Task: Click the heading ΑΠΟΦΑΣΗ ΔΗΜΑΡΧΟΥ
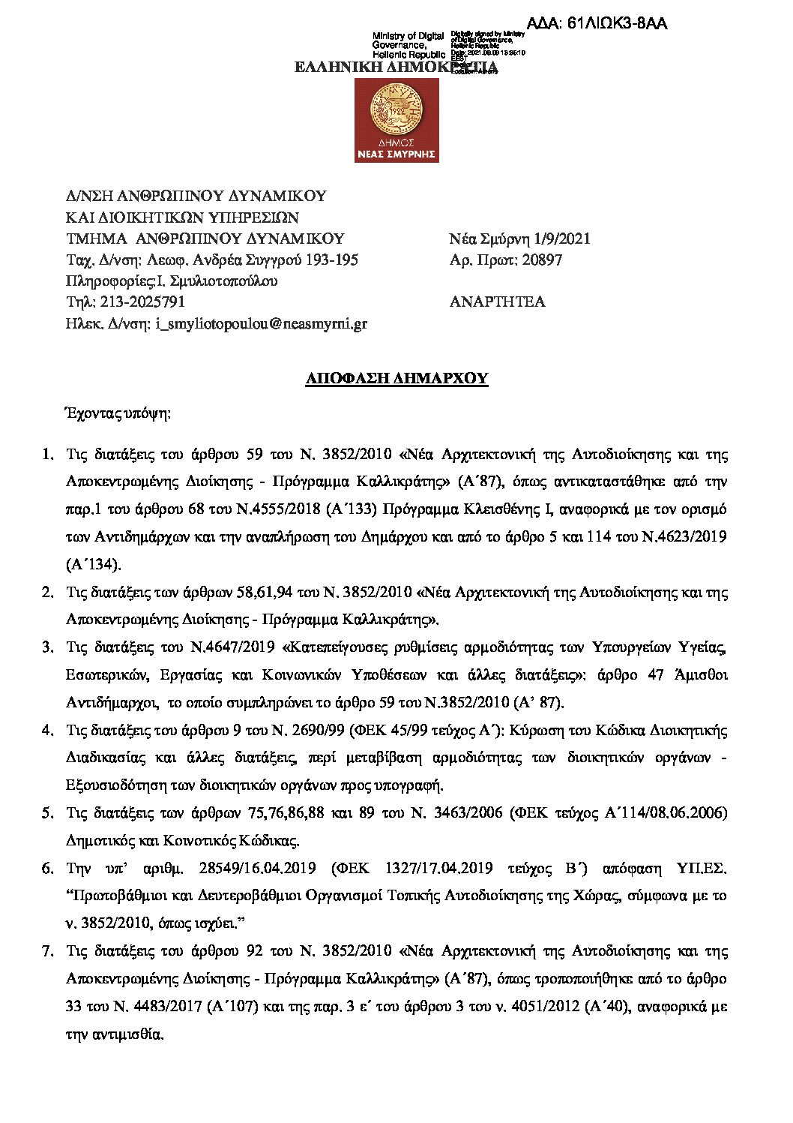pos(396,378)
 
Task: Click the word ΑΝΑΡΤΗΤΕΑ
pos(497,302)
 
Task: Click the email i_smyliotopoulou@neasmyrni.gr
pos(261,324)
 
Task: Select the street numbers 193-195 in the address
pos(330,260)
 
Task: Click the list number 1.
pos(46,454)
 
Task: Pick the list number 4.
pos(46,730)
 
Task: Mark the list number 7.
pos(46,951)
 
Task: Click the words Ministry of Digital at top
pos(408,36)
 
